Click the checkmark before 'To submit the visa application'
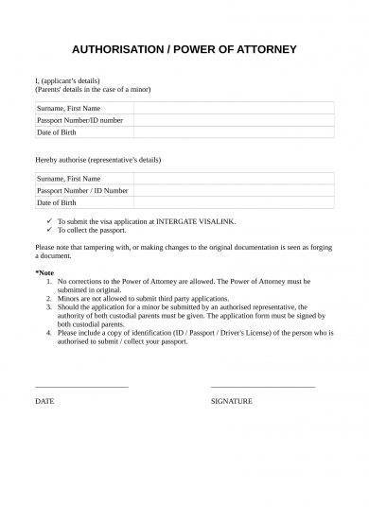49,219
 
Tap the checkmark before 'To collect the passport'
49,229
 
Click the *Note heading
44,272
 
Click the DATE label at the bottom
44,401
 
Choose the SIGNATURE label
231,401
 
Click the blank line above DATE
80,386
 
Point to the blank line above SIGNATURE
262,386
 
